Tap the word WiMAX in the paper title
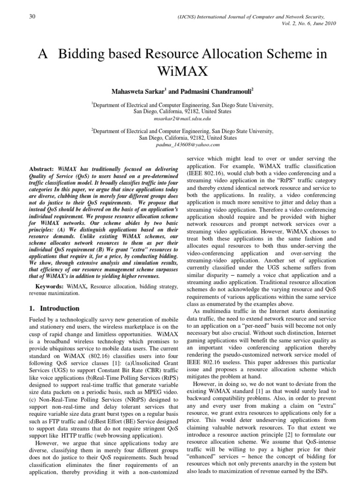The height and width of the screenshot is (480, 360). pyautogui.click(x=180, y=72)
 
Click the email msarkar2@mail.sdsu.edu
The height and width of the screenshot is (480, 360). pyautogui.click(x=180, y=119)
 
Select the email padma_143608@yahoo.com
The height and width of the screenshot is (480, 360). pyautogui.click(x=180, y=145)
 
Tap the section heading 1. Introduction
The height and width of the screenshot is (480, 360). pyautogui.click(x=52, y=308)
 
